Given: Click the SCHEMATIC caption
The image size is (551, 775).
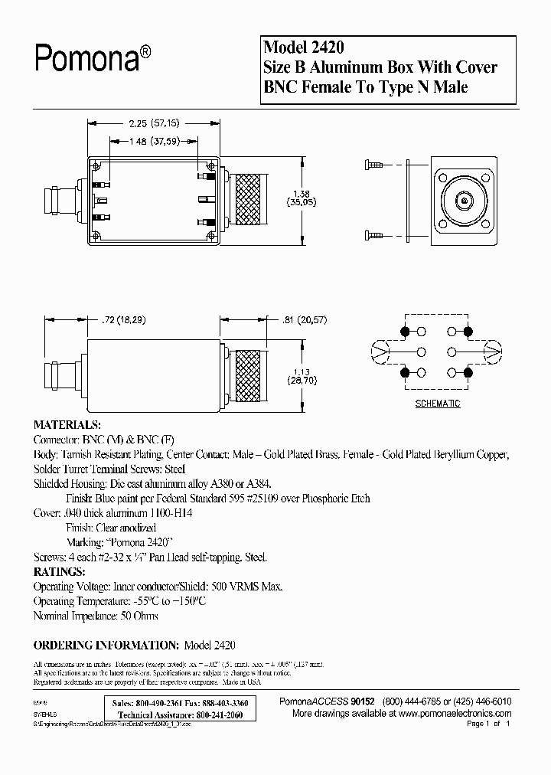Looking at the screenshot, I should pos(437,404).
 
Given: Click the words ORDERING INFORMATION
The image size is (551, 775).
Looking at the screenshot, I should pos(106,645).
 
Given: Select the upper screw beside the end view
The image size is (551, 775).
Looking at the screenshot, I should pos(375,163).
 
